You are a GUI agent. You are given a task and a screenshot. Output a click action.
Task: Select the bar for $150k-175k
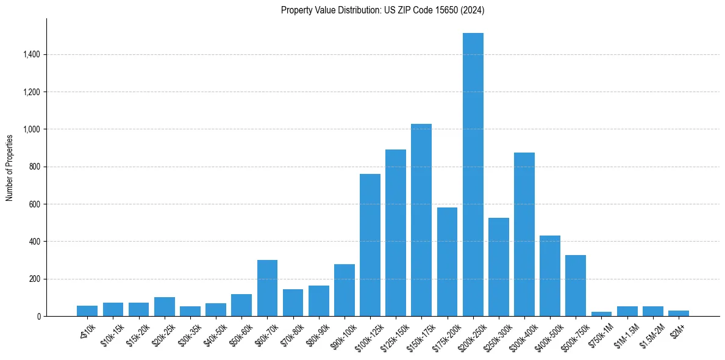tap(421, 220)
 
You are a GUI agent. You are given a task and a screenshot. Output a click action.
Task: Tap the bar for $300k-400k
tap(524, 234)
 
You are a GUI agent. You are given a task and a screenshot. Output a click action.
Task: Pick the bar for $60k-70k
tap(267, 288)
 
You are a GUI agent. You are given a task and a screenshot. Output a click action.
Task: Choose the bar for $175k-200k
tap(447, 262)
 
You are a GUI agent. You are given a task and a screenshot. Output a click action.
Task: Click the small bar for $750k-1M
tap(601, 314)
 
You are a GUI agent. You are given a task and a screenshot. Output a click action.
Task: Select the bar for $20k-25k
tap(165, 306)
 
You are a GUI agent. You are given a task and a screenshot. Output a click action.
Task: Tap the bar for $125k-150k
tap(396, 232)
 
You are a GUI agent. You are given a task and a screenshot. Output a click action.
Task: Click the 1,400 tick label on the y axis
tap(31, 55)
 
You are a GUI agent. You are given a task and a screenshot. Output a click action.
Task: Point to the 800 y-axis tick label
tap(35, 167)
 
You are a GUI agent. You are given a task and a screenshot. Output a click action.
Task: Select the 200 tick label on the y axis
tap(35, 279)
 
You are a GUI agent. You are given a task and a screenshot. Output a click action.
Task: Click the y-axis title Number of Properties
tap(10, 168)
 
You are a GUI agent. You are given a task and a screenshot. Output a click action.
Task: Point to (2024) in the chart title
tap(473, 10)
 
